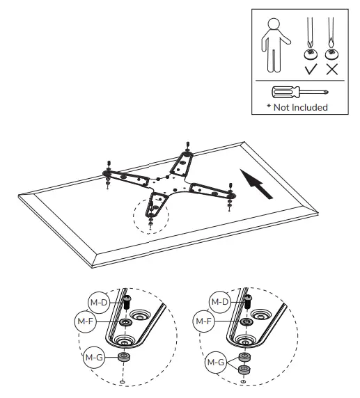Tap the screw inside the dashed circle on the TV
pos(151,215)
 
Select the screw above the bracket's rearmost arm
pos(189,148)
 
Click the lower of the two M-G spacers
pos(244,369)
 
